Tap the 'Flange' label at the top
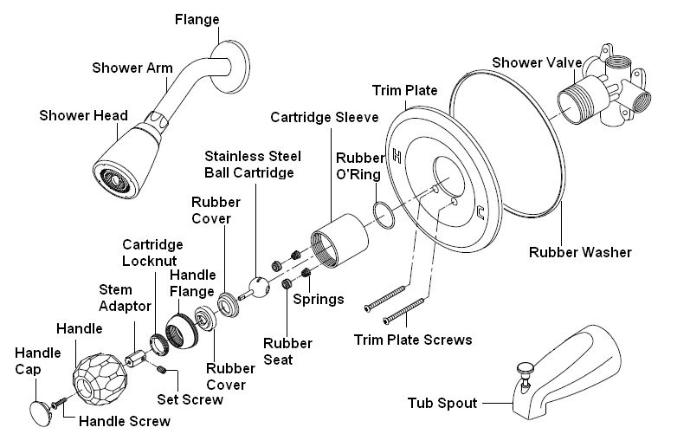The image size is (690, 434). point(197,18)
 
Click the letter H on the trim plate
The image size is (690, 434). point(397,157)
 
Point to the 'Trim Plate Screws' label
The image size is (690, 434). point(414,340)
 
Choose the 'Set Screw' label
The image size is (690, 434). point(190,399)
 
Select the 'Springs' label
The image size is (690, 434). point(319,300)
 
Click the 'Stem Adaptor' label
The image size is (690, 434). point(126,296)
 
